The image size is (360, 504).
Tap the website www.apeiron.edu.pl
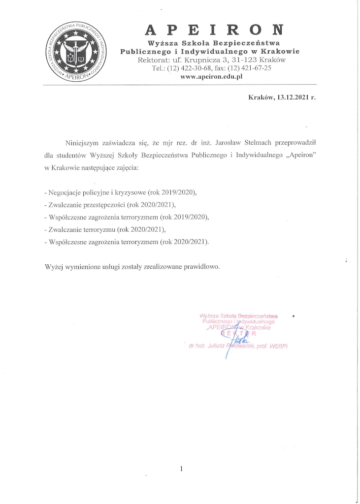click(x=212, y=77)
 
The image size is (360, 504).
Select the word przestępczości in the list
click(x=105, y=204)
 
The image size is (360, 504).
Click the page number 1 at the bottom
click(x=181, y=469)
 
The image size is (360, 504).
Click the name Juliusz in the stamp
click(x=220, y=346)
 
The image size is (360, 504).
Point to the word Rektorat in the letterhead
click(x=154, y=60)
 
